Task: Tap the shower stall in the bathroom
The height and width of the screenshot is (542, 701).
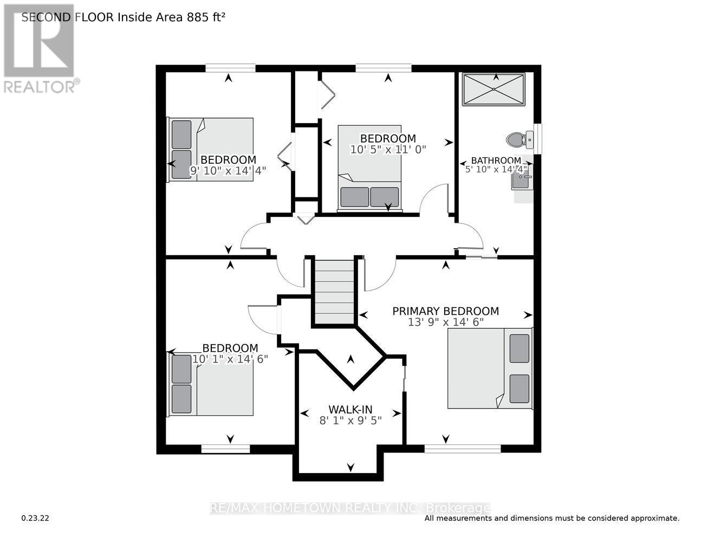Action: (494, 89)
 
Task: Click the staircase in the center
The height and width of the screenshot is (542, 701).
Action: (334, 291)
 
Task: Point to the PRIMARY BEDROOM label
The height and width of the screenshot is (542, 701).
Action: (445, 311)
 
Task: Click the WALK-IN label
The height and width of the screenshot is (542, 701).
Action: (350, 410)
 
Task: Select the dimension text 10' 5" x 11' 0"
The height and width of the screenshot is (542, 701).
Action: (388, 149)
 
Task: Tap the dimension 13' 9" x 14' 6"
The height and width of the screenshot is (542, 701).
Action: (445, 322)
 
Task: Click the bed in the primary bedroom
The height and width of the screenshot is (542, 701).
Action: (489, 368)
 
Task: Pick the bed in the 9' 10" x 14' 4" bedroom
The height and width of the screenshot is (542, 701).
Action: (211, 149)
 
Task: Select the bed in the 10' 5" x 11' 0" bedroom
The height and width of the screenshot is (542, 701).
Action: (370, 166)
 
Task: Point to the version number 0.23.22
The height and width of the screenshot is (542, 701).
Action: (36, 518)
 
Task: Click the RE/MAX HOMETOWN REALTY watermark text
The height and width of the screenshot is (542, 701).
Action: (350, 508)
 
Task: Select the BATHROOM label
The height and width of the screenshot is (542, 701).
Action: (496, 160)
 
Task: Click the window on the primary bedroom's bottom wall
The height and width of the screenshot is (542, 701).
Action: (462, 448)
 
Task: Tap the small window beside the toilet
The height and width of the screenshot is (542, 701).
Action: (537, 135)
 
